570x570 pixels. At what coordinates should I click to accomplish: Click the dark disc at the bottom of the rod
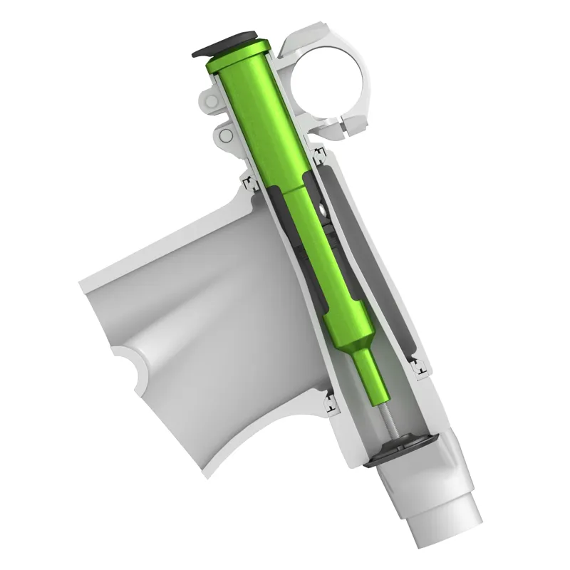pyautogui.click(x=396, y=445)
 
